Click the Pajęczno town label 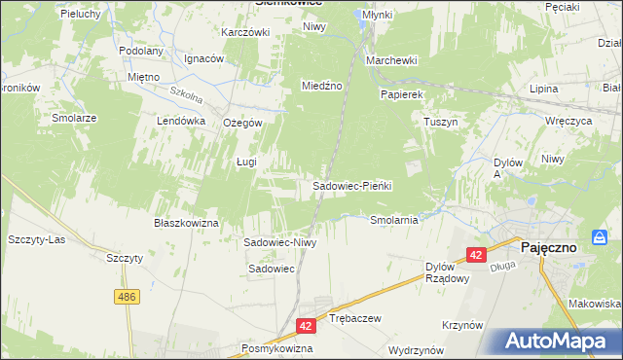(x=549, y=247)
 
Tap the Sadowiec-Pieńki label (x=351, y=185)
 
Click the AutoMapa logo (x=554, y=341)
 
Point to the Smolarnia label (x=394, y=220)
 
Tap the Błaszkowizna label (x=186, y=222)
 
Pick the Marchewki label (x=391, y=60)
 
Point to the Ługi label (x=246, y=162)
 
